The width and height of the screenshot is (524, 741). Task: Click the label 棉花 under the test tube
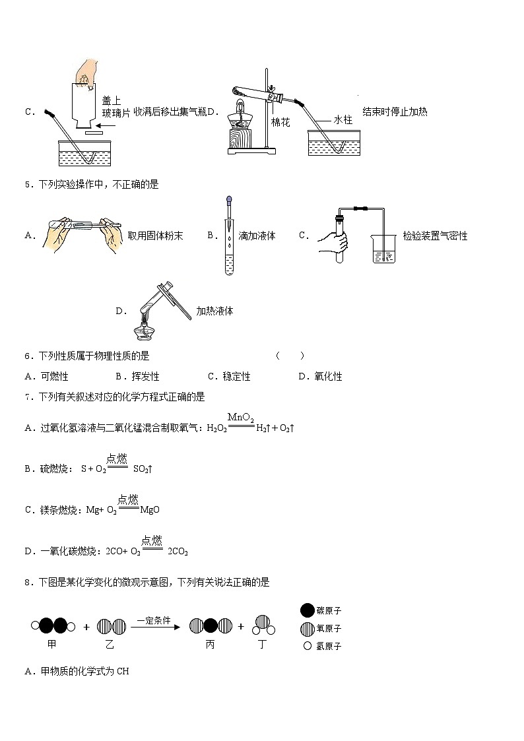280,123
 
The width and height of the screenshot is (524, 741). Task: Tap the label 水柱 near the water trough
343,119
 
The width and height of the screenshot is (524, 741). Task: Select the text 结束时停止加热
395,112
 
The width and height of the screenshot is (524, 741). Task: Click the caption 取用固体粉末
155,236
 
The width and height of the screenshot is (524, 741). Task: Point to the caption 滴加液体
257,236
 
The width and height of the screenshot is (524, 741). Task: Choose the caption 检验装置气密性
435,236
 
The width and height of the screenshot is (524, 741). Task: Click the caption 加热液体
214,311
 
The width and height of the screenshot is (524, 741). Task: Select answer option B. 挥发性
137,377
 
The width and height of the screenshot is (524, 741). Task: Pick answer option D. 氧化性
320,377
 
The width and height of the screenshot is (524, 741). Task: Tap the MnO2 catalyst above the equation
241,417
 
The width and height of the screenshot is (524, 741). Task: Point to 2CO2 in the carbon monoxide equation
178,552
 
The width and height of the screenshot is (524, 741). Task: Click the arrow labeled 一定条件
154,626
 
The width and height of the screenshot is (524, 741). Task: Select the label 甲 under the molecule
52,645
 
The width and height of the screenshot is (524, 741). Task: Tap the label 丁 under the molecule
262,645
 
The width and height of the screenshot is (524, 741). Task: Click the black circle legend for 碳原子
308,610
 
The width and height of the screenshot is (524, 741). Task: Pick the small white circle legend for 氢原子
307,646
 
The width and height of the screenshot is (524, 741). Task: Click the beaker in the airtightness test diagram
382,249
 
